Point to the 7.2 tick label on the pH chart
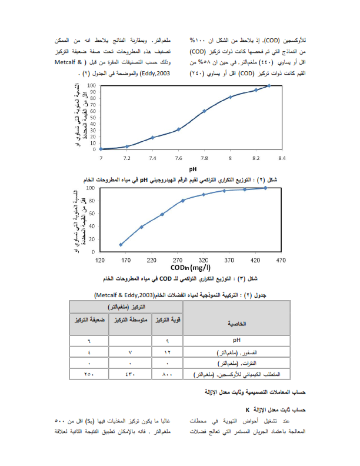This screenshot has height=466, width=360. pos(126,158)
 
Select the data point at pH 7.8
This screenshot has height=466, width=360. pos(204,111)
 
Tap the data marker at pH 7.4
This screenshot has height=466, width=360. pos(152,138)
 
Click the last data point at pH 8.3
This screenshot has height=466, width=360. pos(269,85)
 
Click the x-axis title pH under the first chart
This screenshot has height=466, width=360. pos(192,168)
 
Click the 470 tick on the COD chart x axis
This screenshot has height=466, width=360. pos(281,259)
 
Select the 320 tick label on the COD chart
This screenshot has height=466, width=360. pos(204,259)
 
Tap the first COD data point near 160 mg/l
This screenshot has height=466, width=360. pos(121,244)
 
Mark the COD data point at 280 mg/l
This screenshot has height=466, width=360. pos(183,201)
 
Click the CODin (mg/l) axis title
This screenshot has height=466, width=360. pos(192,268)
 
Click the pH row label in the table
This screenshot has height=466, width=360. pos(238,339)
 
